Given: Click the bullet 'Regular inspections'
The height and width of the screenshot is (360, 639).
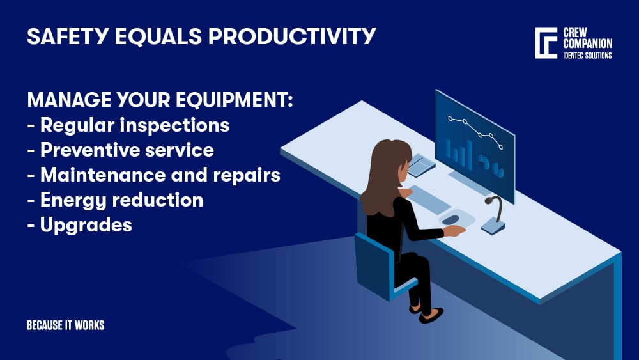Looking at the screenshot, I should point(128,125).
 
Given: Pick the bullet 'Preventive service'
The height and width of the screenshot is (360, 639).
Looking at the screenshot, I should point(121,150).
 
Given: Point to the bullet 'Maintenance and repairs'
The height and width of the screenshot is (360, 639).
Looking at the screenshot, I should point(154,175).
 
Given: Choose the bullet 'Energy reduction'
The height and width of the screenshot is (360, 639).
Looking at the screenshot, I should point(116,200).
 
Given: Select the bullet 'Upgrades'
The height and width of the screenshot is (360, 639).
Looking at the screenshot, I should point(80,224).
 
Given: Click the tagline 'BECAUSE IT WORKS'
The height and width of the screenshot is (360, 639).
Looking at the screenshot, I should point(65,325).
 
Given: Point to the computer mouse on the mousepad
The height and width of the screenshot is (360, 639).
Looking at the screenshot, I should point(451,219).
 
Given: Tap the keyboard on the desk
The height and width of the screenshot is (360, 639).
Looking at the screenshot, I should point(429,198).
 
